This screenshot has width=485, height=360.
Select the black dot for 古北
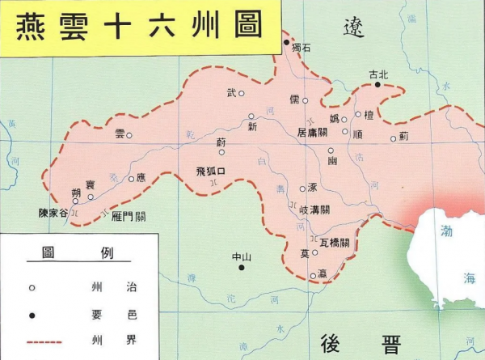(x=377, y=83)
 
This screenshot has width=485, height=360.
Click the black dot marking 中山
(x=241, y=267)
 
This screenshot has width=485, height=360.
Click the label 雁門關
(x=129, y=217)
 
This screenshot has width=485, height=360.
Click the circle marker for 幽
(x=330, y=150)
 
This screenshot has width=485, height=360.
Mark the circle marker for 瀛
(x=313, y=276)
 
